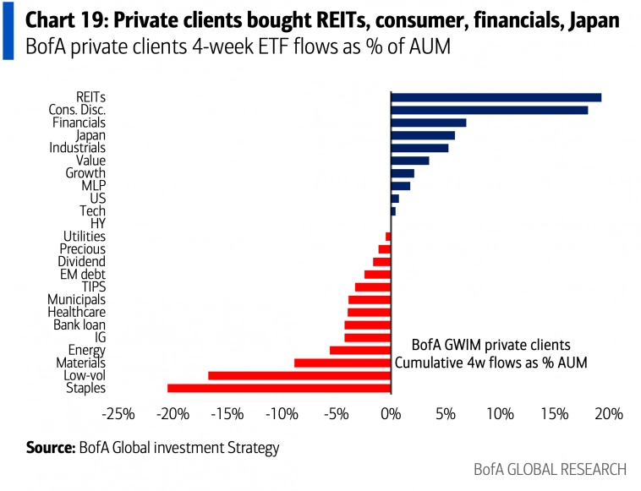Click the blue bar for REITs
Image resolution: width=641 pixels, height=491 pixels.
point(496,97)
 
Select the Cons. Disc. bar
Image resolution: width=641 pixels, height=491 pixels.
point(489,110)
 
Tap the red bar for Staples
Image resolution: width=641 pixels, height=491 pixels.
point(279,388)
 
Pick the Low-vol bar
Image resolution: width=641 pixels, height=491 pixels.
point(299,375)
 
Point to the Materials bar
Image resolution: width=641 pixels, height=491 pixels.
point(342,363)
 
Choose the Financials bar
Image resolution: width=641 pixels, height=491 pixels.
point(428,123)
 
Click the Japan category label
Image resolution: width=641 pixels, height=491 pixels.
point(90,135)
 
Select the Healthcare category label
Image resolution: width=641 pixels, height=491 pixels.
point(77,312)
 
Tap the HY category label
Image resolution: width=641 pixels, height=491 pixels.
point(97,223)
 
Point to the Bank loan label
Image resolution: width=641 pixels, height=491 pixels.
point(79,325)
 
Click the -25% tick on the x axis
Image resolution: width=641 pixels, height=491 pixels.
point(118,415)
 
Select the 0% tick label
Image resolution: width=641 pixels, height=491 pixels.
point(391,415)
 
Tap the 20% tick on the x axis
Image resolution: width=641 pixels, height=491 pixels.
point(609,415)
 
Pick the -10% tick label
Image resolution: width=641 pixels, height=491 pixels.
point(282,415)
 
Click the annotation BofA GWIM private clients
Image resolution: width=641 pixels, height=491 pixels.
point(490,345)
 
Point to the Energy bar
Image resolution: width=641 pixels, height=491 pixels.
point(360,350)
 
